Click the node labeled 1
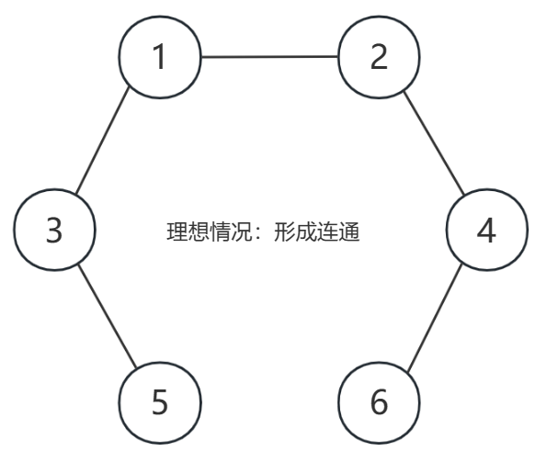click(160, 57)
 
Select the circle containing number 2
click(379, 57)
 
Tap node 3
click(55, 230)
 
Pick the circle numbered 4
click(487, 230)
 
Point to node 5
click(160, 402)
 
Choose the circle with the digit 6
click(379, 402)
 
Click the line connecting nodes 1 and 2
click(269, 56)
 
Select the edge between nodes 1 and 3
click(103, 141)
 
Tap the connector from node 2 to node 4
click(434, 143)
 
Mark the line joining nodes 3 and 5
click(108, 316)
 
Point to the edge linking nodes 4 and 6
click(435, 318)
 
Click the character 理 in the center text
click(177, 231)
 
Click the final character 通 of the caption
click(348, 231)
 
